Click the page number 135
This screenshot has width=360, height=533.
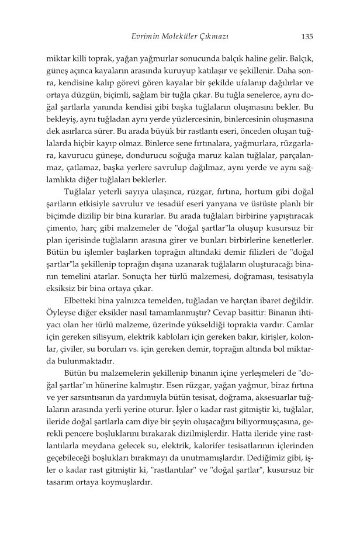307,36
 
